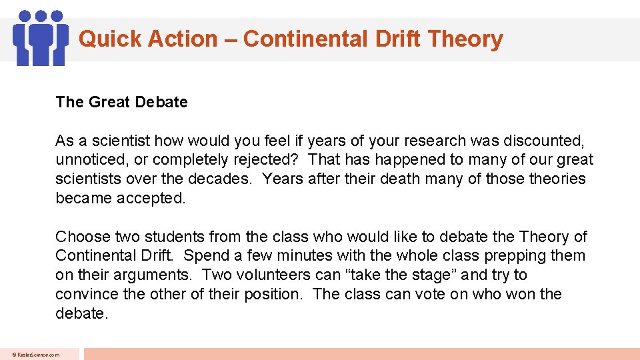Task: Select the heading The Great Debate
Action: (x=121, y=102)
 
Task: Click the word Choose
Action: (x=83, y=237)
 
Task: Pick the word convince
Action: (x=85, y=294)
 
